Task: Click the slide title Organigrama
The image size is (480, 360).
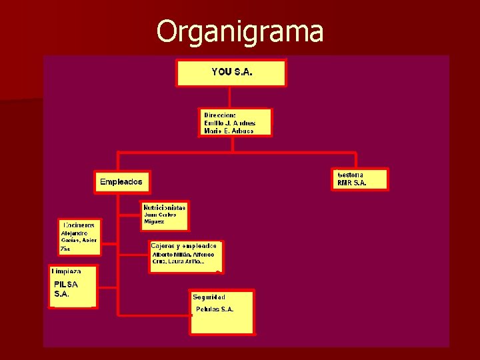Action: tap(240, 31)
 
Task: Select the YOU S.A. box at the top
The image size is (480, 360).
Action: tap(231, 72)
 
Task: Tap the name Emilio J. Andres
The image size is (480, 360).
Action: tap(229, 123)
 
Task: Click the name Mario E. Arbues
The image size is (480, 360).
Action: tap(229, 131)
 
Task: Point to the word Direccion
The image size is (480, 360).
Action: tap(219, 115)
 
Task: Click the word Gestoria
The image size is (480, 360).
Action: tap(351, 175)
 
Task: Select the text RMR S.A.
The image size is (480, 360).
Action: tap(352, 183)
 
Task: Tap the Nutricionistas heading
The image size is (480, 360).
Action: tap(165, 207)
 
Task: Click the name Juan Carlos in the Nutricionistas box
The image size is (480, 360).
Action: tap(161, 215)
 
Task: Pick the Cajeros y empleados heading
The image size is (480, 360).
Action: tap(183, 246)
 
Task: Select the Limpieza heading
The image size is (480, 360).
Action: tap(67, 271)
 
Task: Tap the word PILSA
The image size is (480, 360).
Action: tap(66, 285)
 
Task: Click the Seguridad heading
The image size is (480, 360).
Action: tap(209, 297)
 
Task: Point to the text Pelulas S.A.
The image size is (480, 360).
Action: tap(215, 309)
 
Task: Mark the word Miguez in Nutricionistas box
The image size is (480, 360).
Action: tap(154, 221)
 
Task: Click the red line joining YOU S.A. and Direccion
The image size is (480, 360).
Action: tap(233, 97)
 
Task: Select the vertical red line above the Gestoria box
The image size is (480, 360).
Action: tap(356, 160)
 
